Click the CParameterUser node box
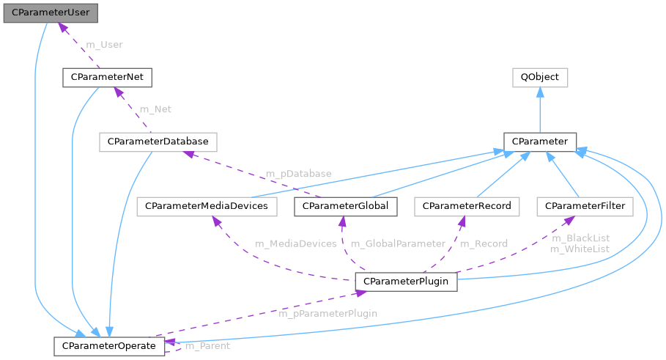coord(51,12)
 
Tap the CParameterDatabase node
coord(158,141)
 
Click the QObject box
coord(539,77)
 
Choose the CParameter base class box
coord(540,141)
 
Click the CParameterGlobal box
coord(346,207)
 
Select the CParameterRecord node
coord(466,207)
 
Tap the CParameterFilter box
coord(584,207)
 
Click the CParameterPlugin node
coord(406,281)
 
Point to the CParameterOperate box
coord(109,345)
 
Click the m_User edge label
coord(105,45)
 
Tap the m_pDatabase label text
coord(298,174)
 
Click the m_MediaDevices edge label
coord(295,243)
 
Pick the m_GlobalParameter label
coord(398,243)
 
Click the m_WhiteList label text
coord(580,249)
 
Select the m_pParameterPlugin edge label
coord(328,314)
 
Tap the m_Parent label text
coord(207,345)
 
